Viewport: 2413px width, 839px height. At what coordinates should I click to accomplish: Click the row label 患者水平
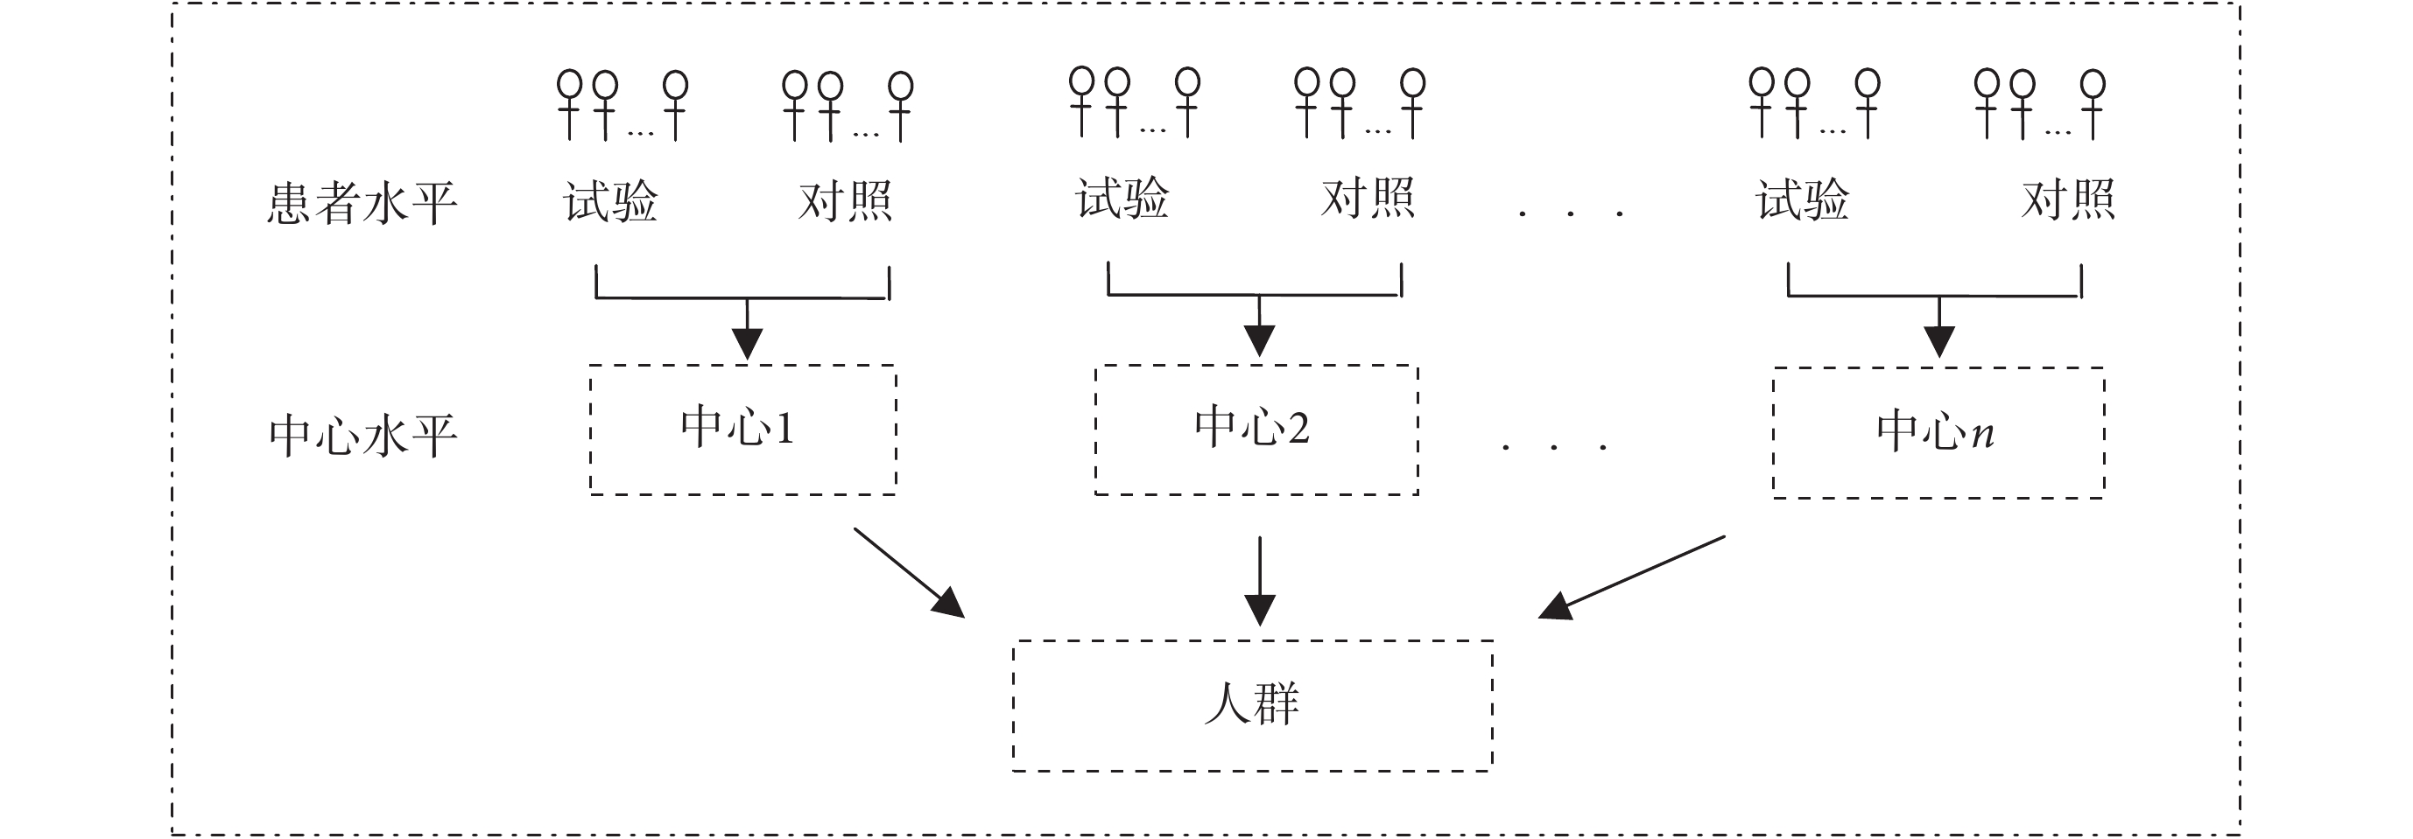[362, 202]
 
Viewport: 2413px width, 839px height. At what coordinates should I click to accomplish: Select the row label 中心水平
[362, 437]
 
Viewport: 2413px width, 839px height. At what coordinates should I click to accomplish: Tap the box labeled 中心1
[742, 430]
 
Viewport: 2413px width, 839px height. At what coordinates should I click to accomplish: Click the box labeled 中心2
[1256, 430]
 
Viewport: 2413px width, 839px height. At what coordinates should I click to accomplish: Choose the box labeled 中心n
[1938, 432]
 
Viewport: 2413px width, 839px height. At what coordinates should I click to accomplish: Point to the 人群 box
[1251, 705]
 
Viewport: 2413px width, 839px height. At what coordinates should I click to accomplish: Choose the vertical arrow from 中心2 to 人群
[1260, 581]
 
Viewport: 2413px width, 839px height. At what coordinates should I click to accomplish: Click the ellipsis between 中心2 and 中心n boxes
[1555, 445]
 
